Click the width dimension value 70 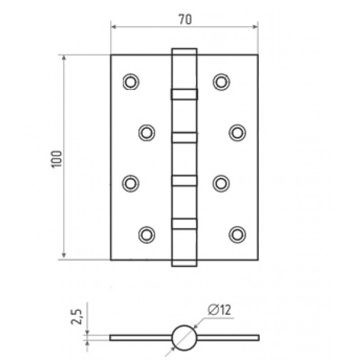click(x=185, y=19)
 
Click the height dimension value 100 click(x=57, y=159)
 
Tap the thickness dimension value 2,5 click(x=76, y=317)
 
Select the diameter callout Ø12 click(x=219, y=310)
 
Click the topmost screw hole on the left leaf click(x=131, y=82)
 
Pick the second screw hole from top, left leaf click(x=147, y=133)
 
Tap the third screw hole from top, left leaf click(x=130, y=184)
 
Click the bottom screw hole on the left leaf click(x=147, y=234)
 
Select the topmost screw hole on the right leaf click(x=221, y=82)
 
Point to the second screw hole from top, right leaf click(x=237, y=133)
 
